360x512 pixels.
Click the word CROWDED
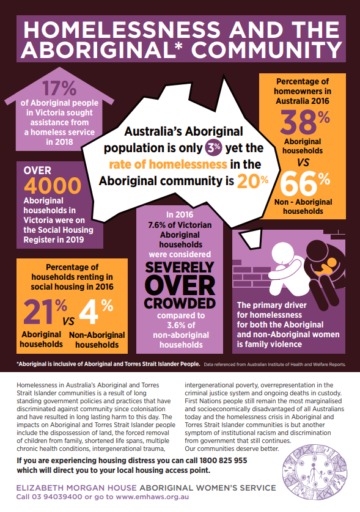point(179,303)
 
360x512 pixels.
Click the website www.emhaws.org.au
point(151,497)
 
